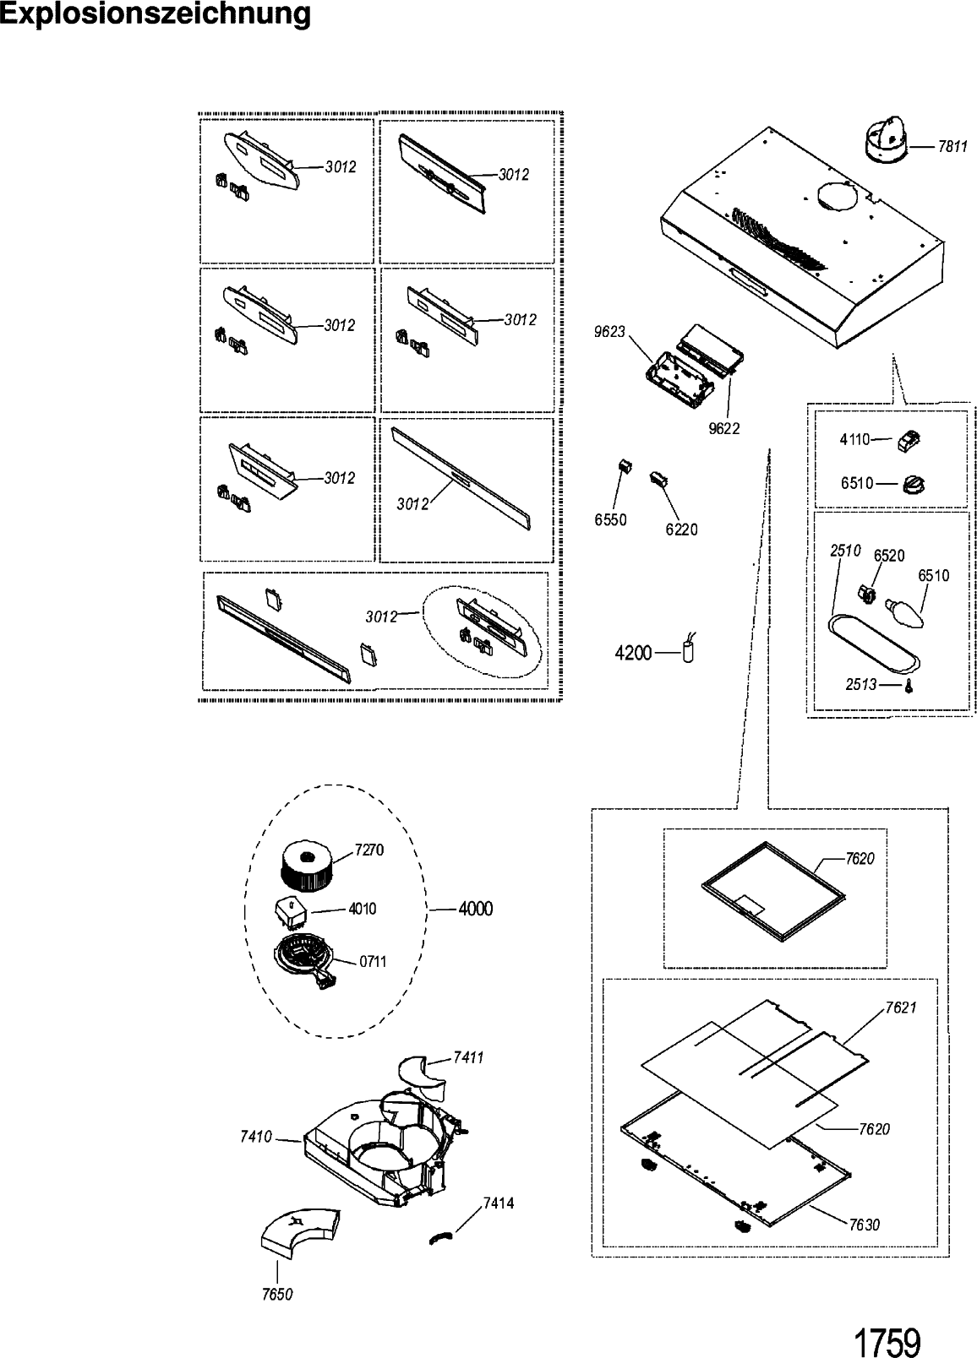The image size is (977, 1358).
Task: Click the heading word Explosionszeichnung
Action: pyautogui.click(x=156, y=14)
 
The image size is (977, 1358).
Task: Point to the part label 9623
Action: pyautogui.click(x=609, y=332)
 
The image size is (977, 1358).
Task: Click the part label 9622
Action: pyautogui.click(x=724, y=428)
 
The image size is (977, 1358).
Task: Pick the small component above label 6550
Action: pyautogui.click(x=625, y=466)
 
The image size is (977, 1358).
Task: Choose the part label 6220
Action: pyautogui.click(x=681, y=530)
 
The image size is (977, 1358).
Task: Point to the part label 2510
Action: pyautogui.click(x=845, y=551)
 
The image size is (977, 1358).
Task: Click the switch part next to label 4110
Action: pyautogui.click(x=909, y=440)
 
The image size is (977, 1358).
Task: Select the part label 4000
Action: pyautogui.click(x=475, y=909)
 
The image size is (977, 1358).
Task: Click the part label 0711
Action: pyautogui.click(x=373, y=961)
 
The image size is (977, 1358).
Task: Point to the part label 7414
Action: pyautogui.click(x=498, y=1203)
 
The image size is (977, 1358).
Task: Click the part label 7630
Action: pyautogui.click(x=864, y=1225)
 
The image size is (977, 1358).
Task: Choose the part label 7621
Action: pyautogui.click(x=901, y=1008)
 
